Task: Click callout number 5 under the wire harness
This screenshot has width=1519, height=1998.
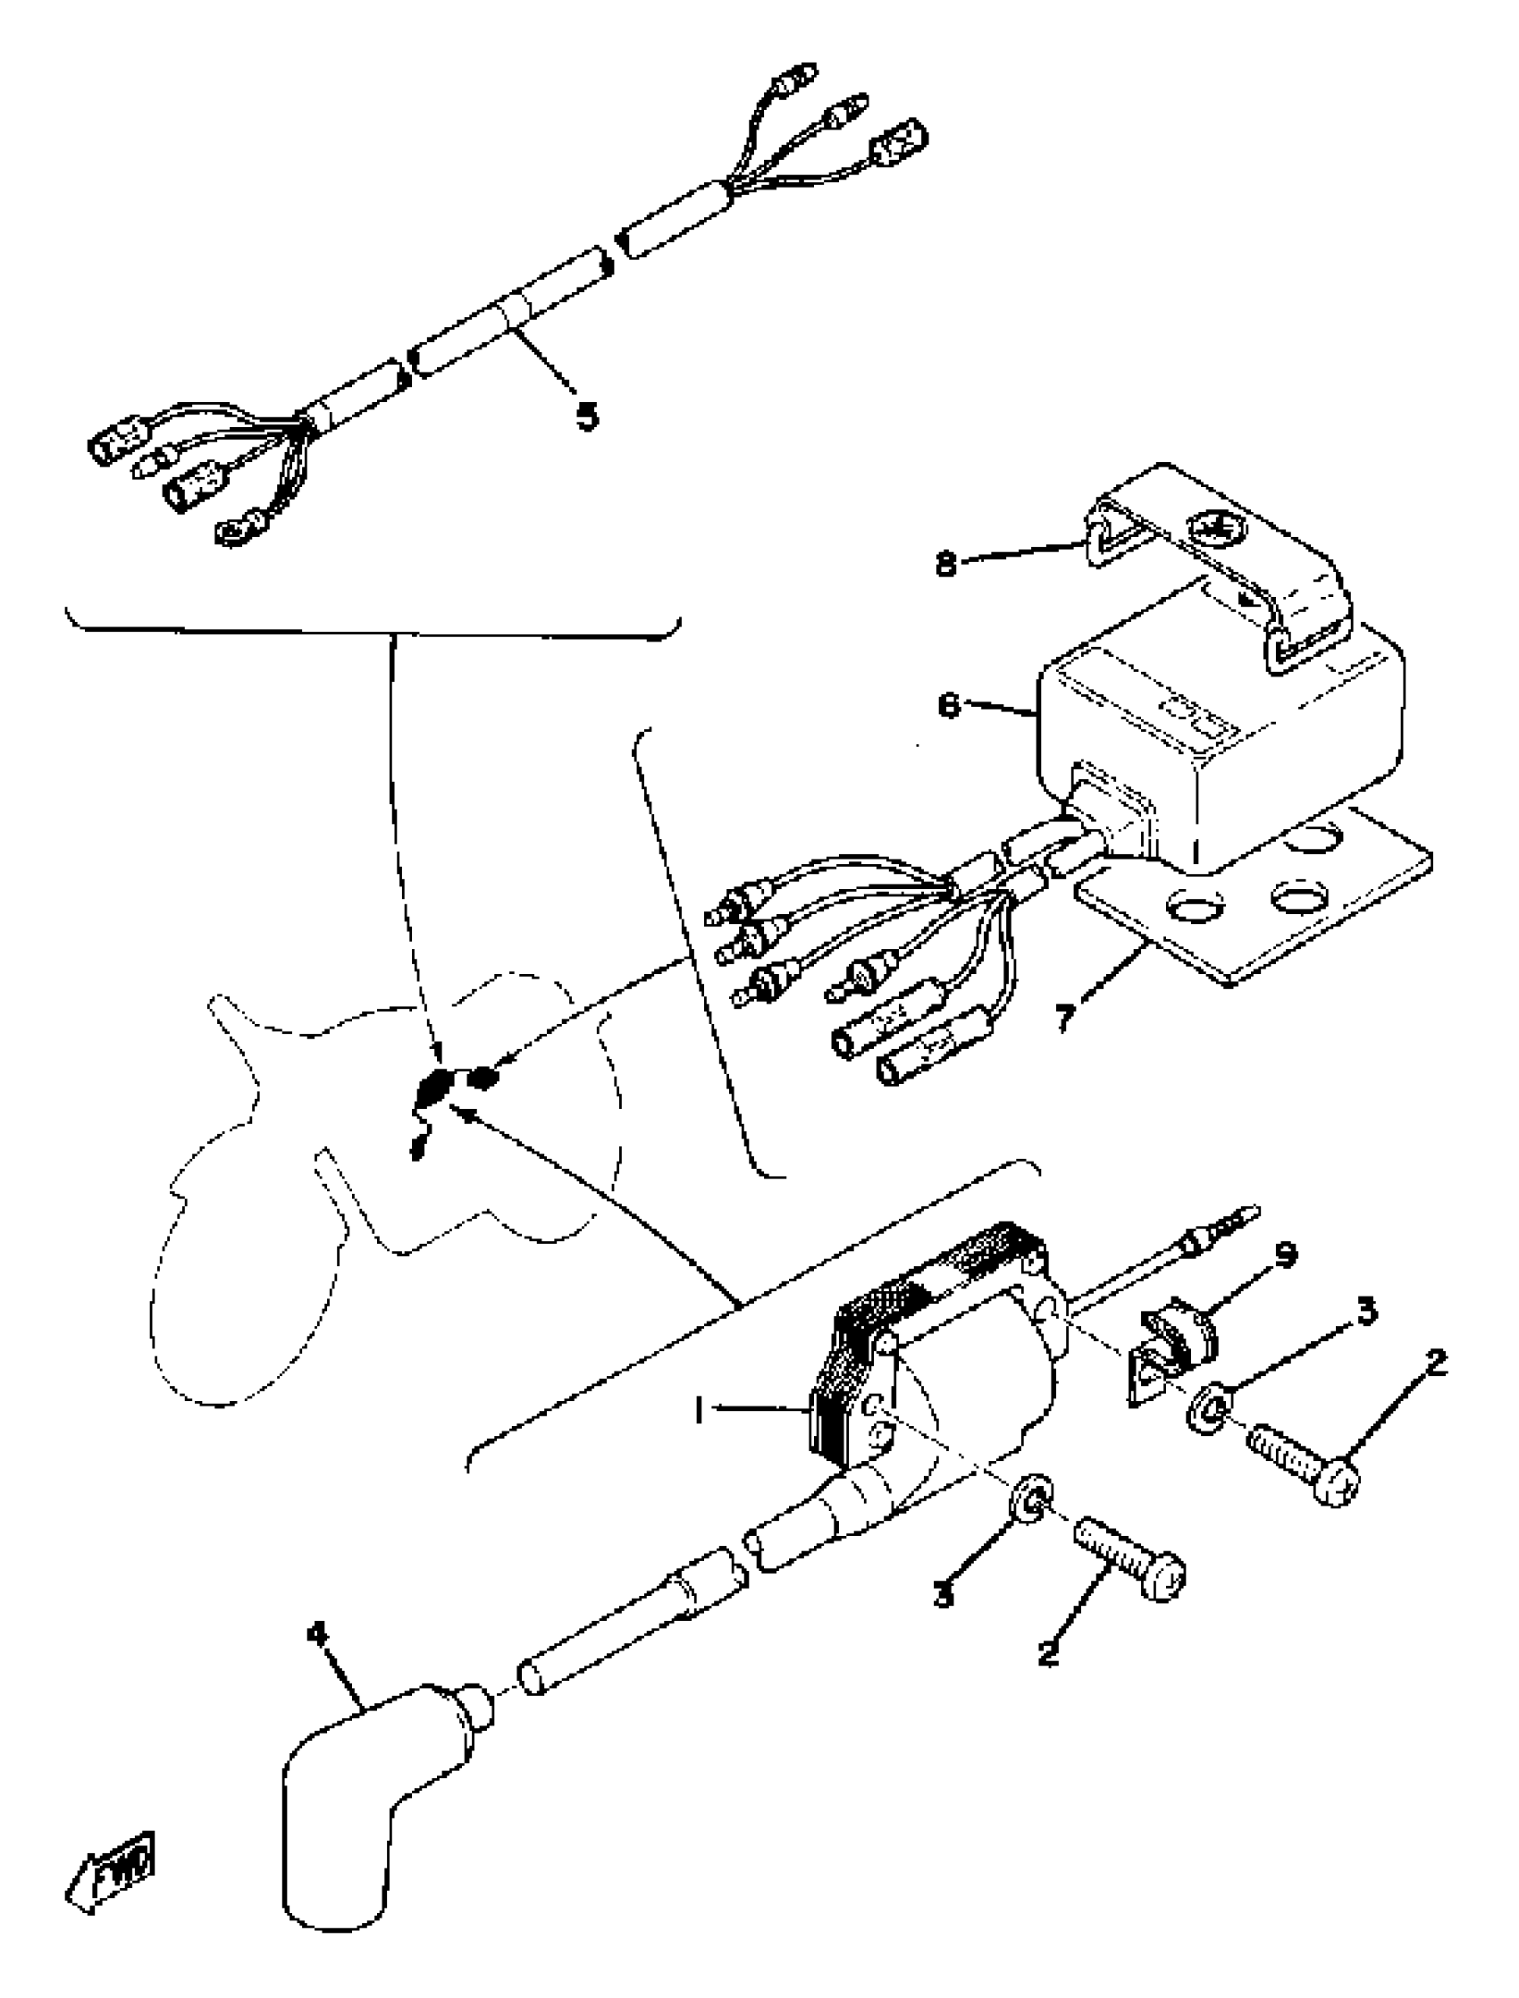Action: click(588, 416)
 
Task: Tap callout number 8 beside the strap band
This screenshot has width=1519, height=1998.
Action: click(945, 565)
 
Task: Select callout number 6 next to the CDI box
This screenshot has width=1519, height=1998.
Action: click(948, 705)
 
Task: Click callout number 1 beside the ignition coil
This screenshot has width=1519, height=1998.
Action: click(699, 1412)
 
